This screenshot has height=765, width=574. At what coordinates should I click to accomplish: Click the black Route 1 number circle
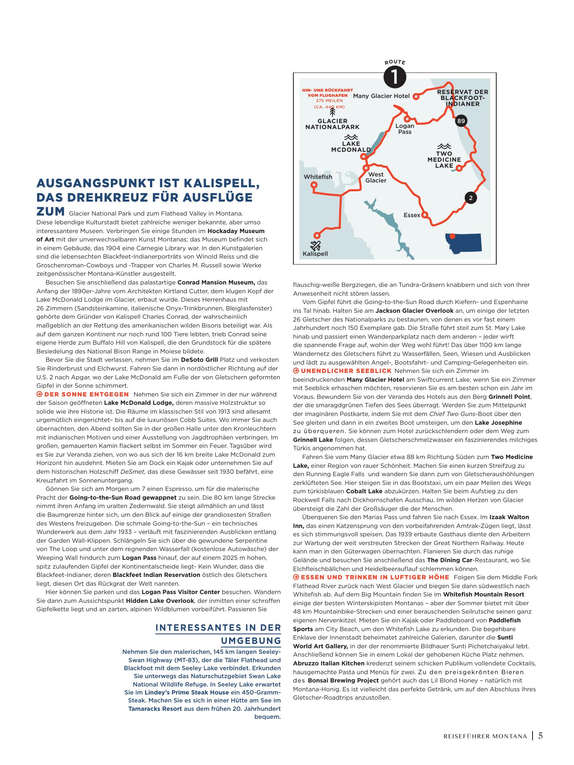coord(395,77)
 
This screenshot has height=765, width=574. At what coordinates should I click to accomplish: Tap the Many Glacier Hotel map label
coord(381,96)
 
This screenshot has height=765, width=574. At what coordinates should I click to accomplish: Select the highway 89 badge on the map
coord(461,121)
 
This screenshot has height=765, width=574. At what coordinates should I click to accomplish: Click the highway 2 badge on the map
coord(471,198)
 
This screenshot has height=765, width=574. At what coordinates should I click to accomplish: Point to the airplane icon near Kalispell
coord(315,245)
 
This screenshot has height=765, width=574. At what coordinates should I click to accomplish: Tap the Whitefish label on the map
coord(318,177)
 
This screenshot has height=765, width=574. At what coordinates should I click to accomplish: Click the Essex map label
coord(412,215)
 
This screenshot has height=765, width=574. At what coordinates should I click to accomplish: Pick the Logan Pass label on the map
coord(405,129)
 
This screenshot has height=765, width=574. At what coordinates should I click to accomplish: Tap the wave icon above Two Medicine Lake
coord(444,146)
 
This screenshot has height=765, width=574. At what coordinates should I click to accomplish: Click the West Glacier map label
coord(376,177)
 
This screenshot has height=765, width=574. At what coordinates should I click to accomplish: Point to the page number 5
coord(541,736)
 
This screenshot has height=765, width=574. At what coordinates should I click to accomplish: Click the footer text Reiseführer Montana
coord(485,736)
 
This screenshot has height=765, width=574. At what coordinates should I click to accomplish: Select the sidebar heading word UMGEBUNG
coord(251,641)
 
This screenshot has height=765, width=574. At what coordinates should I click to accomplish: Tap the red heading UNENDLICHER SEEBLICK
coord(346,371)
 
